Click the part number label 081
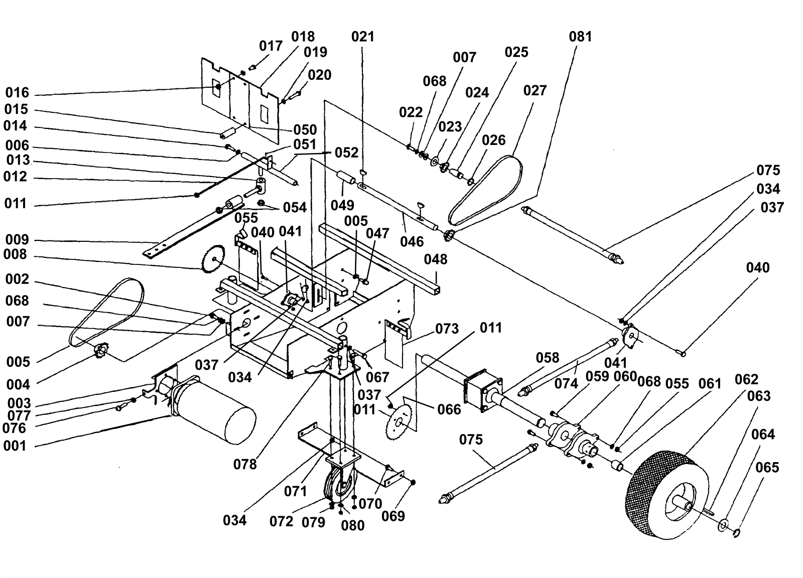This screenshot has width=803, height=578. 580,37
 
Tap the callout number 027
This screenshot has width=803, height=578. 535,91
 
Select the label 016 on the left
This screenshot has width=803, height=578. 17,93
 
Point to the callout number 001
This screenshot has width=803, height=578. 15,446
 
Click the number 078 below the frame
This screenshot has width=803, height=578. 245,465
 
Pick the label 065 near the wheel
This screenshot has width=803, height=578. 767,468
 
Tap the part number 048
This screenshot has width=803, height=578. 436,259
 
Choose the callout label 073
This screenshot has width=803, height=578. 447,329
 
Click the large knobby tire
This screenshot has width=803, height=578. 667,495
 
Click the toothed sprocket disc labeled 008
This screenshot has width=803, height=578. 213,259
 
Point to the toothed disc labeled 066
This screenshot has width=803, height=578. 399,421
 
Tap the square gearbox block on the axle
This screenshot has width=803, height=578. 482,392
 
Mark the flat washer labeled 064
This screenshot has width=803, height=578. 723,525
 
